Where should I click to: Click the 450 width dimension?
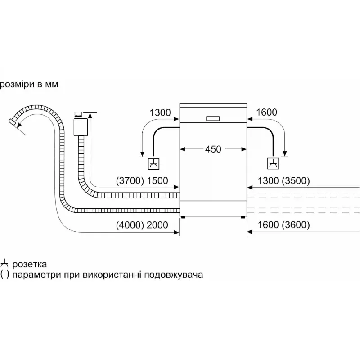tap(213, 149)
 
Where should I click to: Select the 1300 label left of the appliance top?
tap(160, 112)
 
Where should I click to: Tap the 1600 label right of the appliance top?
tap(266, 112)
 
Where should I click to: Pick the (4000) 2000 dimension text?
tap(142, 225)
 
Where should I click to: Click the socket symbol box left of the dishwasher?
tap(154, 164)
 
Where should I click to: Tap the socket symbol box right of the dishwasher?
tap(273, 164)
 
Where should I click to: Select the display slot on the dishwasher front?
tap(213, 119)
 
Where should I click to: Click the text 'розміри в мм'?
tap(29, 84)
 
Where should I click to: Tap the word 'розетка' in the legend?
tap(30, 264)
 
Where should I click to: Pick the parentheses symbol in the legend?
tap(5, 274)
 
